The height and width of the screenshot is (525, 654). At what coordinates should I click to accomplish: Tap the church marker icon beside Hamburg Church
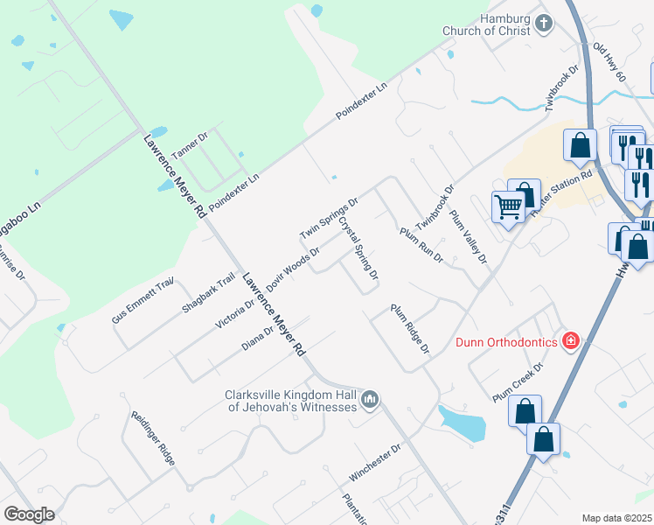pyautogui.click(x=544, y=23)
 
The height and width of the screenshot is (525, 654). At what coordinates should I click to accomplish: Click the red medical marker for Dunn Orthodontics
pyautogui.click(x=571, y=339)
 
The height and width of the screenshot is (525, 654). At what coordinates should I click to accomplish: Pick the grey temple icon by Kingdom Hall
pyautogui.click(x=370, y=400)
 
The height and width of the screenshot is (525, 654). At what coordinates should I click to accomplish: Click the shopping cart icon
pyautogui.click(x=507, y=208)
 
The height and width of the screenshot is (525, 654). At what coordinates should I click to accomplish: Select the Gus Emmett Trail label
pyautogui.click(x=143, y=300)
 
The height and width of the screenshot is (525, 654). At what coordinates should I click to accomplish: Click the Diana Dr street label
pyautogui.click(x=258, y=337)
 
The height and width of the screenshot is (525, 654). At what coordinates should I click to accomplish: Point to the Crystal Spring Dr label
pyautogui.click(x=358, y=249)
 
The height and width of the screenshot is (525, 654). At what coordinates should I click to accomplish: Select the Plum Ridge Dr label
pyautogui.click(x=411, y=329)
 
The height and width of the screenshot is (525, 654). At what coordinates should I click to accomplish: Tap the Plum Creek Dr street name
pyautogui.click(x=518, y=381)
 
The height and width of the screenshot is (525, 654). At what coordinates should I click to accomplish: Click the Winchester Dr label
pyautogui.click(x=374, y=461)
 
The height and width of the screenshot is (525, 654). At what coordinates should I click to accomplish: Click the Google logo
pyautogui.click(x=29, y=514)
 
